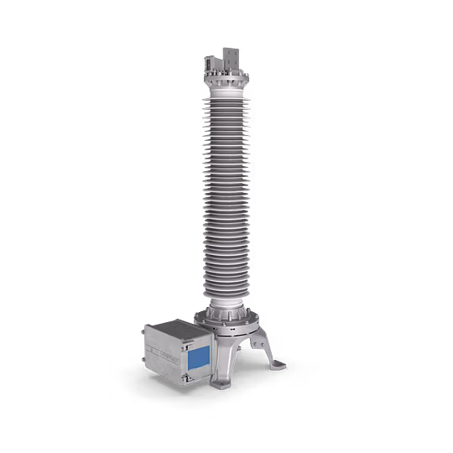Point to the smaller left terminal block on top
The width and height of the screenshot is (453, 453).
pyautogui.click(x=210, y=62)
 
